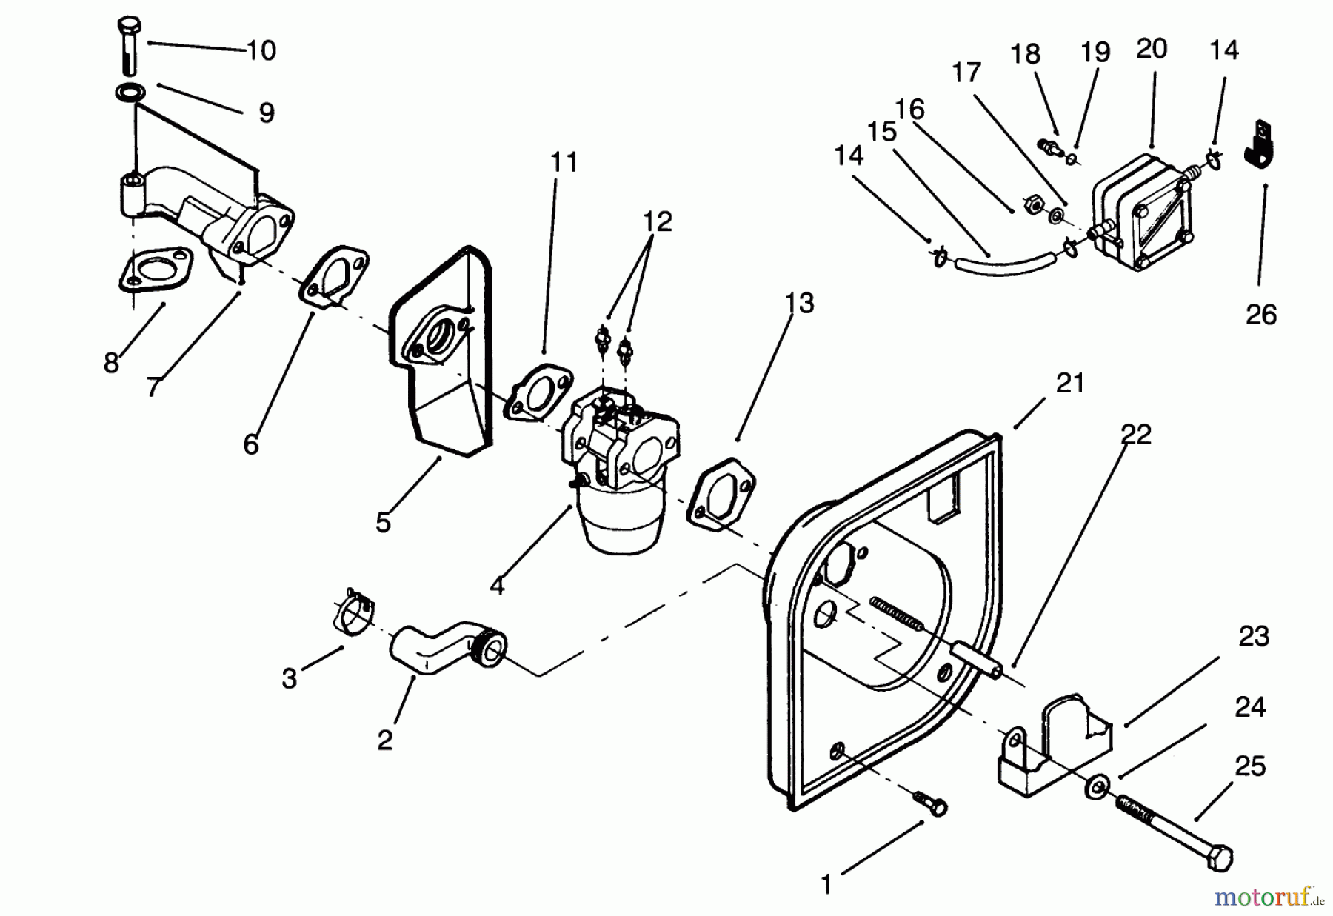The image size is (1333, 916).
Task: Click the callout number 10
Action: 261,50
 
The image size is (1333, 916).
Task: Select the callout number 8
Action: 111,363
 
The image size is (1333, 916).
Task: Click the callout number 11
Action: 564,162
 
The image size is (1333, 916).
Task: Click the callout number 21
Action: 1069,383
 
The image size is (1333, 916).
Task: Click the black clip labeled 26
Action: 1264,146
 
